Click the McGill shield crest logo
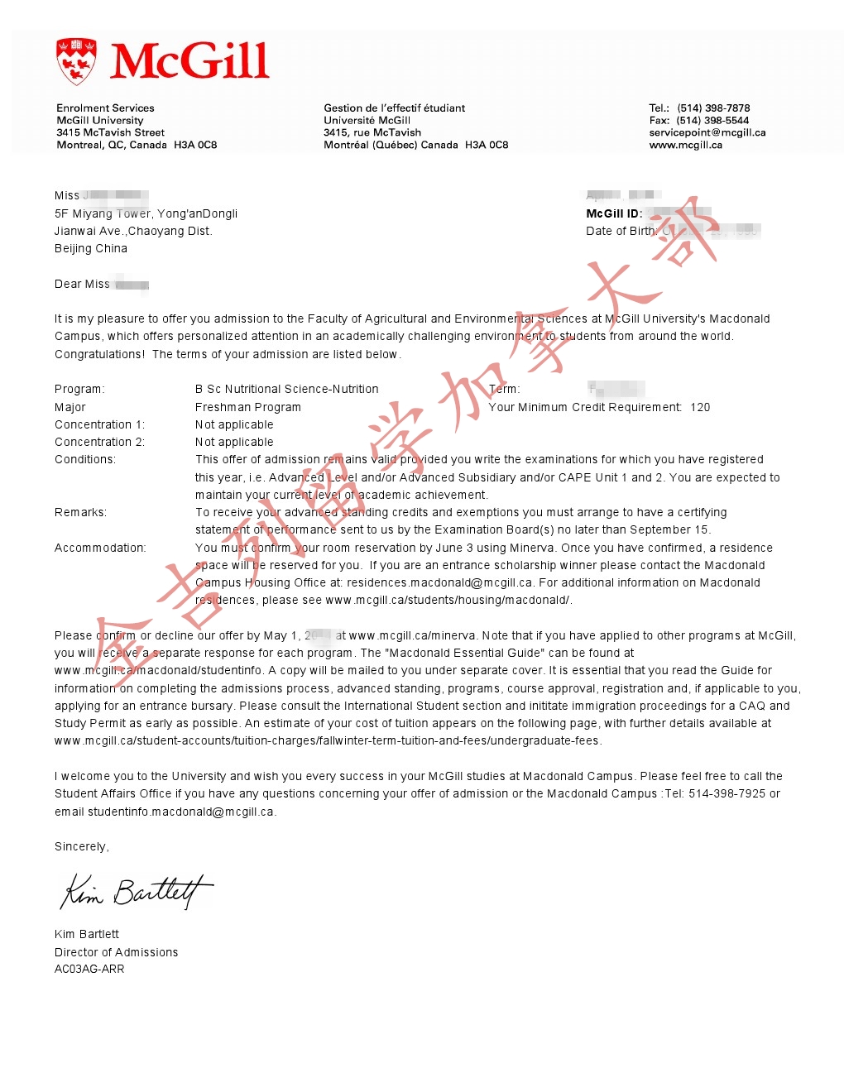(x=76, y=60)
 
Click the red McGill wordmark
(x=189, y=61)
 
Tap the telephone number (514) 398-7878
(x=713, y=108)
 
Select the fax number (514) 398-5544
(x=712, y=120)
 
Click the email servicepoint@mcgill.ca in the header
(x=707, y=132)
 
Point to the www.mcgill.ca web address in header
(x=685, y=145)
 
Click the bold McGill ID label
(x=614, y=213)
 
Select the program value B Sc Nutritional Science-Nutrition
(x=286, y=389)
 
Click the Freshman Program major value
(x=248, y=407)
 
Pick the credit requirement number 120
(x=700, y=407)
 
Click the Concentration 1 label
(x=99, y=424)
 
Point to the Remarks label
(x=80, y=512)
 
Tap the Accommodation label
(x=100, y=548)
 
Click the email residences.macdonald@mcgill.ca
(x=439, y=582)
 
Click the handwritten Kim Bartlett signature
(x=137, y=892)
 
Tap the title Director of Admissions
(x=116, y=952)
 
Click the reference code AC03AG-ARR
(x=89, y=969)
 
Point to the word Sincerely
(x=81, y=846)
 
